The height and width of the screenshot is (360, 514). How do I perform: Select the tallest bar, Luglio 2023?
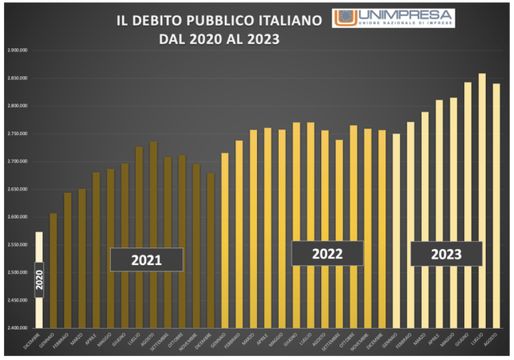click(482, 201)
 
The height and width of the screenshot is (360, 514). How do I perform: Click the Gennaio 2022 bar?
click(225, 240)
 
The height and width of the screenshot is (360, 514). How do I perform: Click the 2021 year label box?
click(147, 260)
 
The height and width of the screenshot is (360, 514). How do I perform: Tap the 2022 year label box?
click(327, 253)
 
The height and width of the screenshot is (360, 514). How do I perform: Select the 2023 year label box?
click(447, 254)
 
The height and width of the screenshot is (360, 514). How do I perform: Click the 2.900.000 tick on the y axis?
click(17, 50)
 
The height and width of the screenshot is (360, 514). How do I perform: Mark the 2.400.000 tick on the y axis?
click(17, 328)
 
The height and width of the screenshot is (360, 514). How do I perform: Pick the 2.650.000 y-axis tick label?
click(17, 189)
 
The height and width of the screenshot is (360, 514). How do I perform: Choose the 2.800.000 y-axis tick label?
click(17, 105)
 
